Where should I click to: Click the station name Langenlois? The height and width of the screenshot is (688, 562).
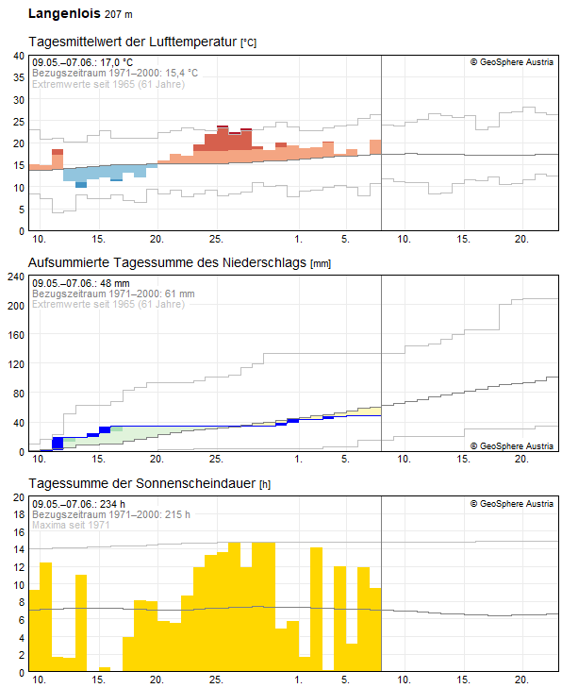coord(64,13)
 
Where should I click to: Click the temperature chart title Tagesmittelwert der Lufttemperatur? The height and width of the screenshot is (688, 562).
coord(133,42)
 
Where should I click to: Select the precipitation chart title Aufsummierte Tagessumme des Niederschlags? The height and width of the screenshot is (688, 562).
coord(167,262)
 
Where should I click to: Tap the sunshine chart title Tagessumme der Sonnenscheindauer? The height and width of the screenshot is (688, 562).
coord(141,483)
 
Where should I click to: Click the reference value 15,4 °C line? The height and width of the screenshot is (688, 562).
coord(115,73)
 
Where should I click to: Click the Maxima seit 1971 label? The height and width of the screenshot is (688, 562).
coord(71,525)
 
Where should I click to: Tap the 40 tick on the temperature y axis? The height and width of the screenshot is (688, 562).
coord(19,56)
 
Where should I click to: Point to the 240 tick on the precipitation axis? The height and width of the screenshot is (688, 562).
coord(16,277)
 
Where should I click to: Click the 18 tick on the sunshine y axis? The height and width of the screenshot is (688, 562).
coord(19,514)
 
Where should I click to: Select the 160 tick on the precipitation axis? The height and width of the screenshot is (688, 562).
coord(16,335)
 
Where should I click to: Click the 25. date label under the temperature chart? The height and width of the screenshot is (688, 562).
coord(216,239)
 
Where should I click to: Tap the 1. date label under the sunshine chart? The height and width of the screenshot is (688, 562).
coord(298,680)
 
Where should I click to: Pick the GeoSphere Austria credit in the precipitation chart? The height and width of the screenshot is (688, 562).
coord(512,445)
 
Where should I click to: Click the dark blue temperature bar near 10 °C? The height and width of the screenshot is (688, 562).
coord(81,185)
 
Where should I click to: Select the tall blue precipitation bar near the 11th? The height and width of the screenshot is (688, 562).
coord(58,443)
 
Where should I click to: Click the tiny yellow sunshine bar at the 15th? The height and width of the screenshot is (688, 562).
coord(105,669)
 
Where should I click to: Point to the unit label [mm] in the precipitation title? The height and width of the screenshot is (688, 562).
coord(321,263)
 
